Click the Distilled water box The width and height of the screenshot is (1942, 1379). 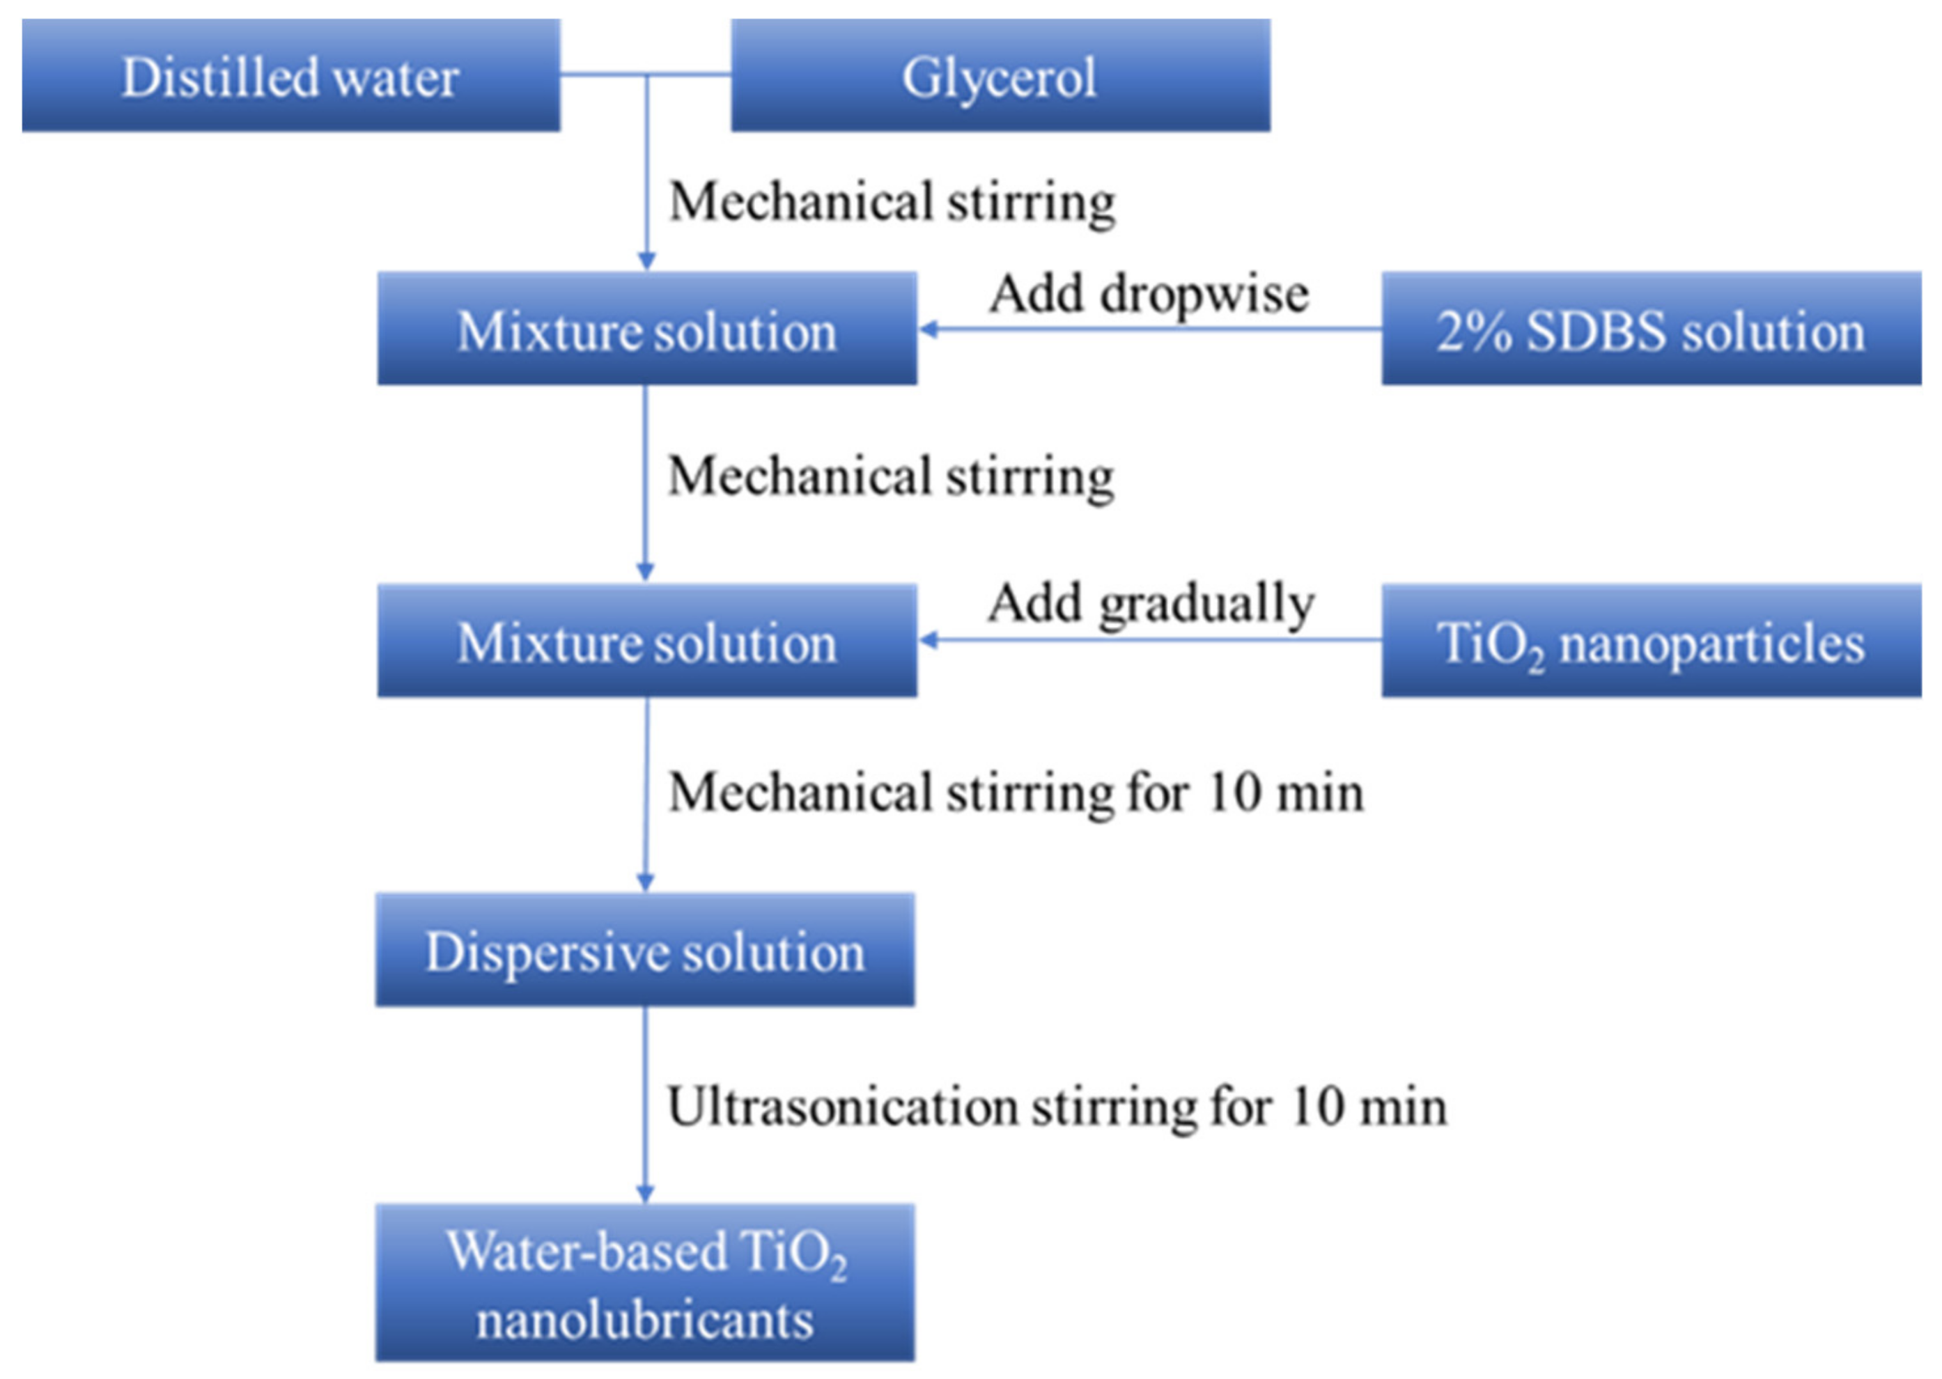click(x=290, y=76)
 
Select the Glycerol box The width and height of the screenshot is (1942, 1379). click(x=1000, y=76)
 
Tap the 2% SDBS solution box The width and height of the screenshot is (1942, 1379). click(x=1650, y=329)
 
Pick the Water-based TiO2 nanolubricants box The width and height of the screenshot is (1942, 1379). click(x=644, y=1282)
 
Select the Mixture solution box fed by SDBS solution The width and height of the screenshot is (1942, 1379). click(x=646, y=329)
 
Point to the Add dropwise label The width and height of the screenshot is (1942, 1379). click(x=1148, y=294)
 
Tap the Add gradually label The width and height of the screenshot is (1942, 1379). click(x=1150, y=604)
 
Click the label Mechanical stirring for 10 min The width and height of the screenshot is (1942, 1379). click(x=1016, y=793)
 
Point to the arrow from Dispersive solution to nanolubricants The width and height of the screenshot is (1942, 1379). click(x=645, y=1104)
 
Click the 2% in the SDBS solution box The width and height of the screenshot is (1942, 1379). click(x=1473, y=330)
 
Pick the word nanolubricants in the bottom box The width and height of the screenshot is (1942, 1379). click(x=644, y=1320)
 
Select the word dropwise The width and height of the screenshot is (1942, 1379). click(x=1204, y=295)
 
